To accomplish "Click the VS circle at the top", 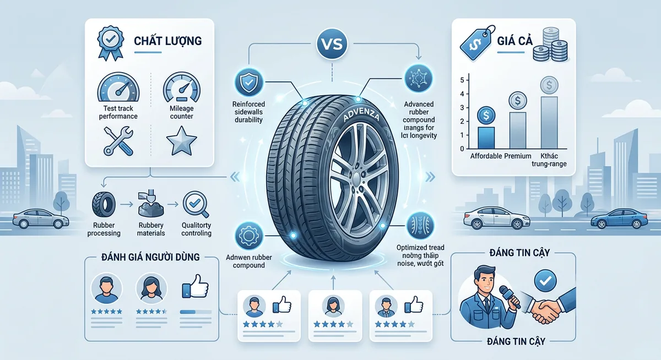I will (x=330, y=45).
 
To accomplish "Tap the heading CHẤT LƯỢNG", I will (x=167, y=41).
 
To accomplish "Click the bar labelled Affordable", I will (x=486, y=135).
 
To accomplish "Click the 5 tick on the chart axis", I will (x=462, y=81).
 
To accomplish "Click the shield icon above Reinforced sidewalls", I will (x=248, y=81).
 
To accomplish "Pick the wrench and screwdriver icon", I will (x=118, y=140).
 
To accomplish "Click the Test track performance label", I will (x=118, y=112).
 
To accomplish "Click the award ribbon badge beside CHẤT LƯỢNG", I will (x=109, y=42).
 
